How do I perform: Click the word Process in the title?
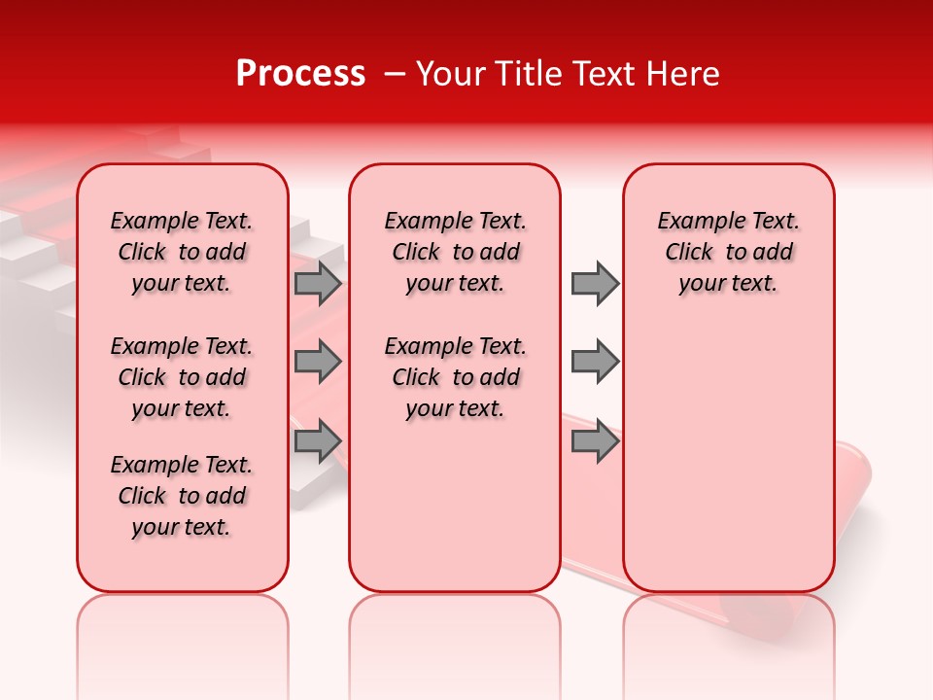(300, 74)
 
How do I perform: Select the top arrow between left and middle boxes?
(318, 283)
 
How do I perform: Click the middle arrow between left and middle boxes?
(318, 363)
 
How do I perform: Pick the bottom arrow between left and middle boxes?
(318, 441)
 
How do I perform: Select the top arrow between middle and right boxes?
(595, 283)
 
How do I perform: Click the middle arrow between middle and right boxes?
(595, 363)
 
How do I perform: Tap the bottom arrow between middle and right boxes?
(595, 441)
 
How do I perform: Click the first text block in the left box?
(182, 252)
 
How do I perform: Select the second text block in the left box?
(182, 377)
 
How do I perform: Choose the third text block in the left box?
(182, 496)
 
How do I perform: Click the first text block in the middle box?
(455, 252)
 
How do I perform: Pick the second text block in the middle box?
(455, 377)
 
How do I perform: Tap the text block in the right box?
(728, 252)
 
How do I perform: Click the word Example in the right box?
(693, 222)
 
